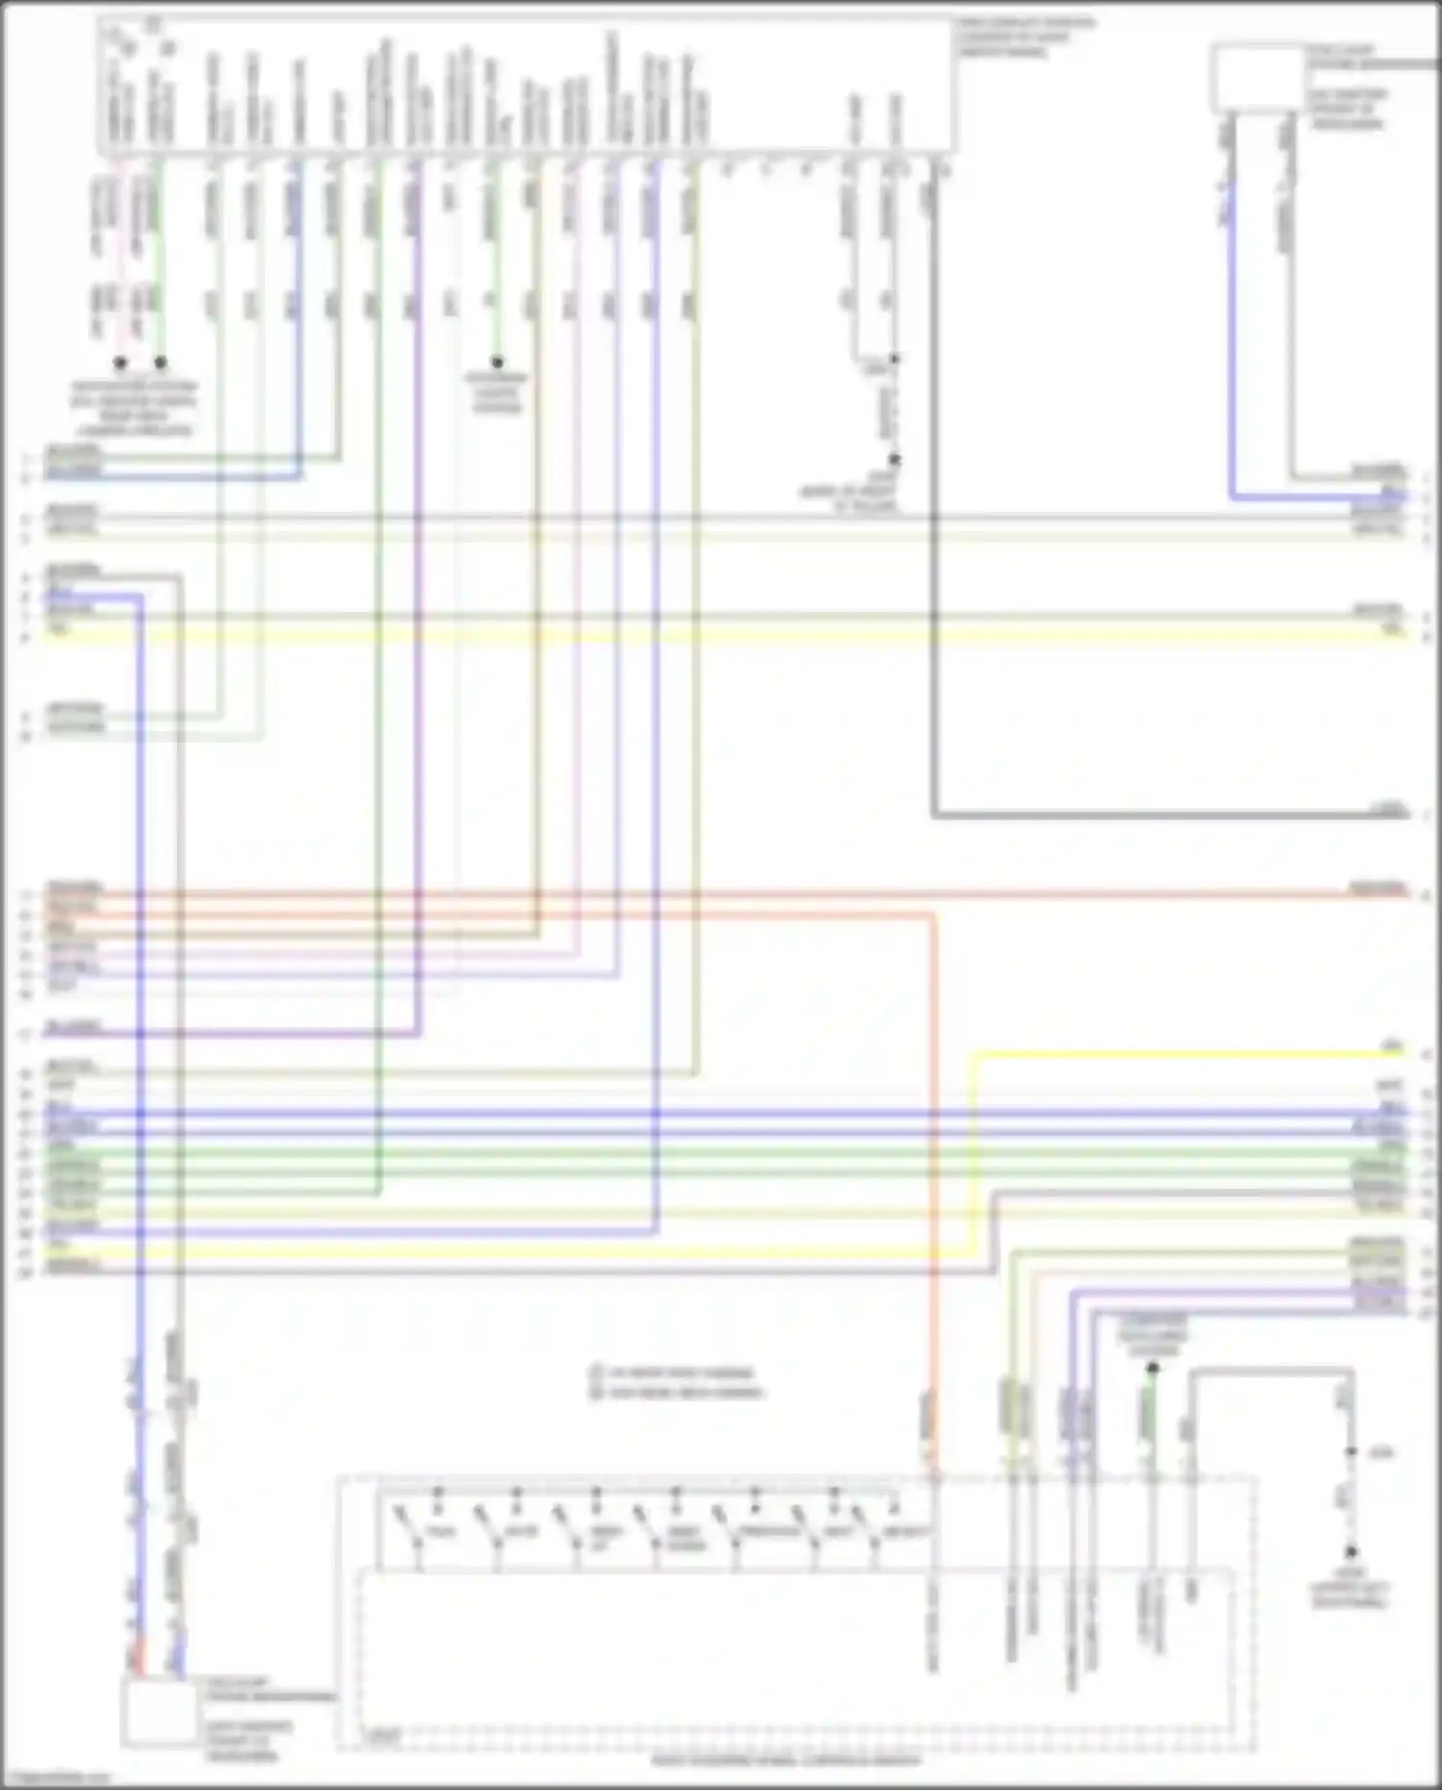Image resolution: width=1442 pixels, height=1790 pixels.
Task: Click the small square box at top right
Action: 1257,78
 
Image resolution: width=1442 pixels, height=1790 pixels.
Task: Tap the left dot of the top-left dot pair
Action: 120,363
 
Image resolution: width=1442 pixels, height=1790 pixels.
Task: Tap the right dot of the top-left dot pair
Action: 161,363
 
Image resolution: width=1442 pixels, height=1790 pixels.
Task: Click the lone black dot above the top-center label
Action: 497,363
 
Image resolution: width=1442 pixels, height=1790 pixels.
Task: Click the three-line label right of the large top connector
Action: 1025,37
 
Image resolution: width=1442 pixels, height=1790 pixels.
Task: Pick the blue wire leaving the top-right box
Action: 1231,337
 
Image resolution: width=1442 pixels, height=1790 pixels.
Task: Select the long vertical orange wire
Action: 932,1154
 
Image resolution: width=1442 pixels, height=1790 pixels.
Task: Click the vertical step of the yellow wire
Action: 974,1154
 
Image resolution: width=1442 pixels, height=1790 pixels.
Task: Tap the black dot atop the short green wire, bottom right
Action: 1153,1367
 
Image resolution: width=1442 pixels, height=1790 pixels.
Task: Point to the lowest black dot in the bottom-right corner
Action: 1351,1551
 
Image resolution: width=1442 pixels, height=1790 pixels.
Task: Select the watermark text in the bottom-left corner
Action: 58,1778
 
